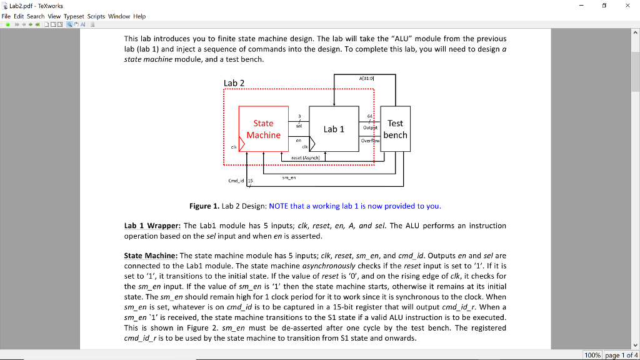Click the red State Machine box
(x=263, y=129)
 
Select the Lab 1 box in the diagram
(x=334, y=129)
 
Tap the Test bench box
(x=395, y=129)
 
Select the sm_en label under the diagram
(x=288, y=177)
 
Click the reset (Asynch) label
(x=305, y=158)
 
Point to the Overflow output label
(x=371, y=141)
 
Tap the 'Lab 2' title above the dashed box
(x=234, y=83)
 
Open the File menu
(x=7, y=16)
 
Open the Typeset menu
(x=74, y=16)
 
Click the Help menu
(x=139, y=16)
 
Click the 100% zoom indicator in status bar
(x=592, y=355)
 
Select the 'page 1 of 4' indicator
(x=621, y=355)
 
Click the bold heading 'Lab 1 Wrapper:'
(x=152, y=226)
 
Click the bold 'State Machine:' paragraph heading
(x=151, y=256)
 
